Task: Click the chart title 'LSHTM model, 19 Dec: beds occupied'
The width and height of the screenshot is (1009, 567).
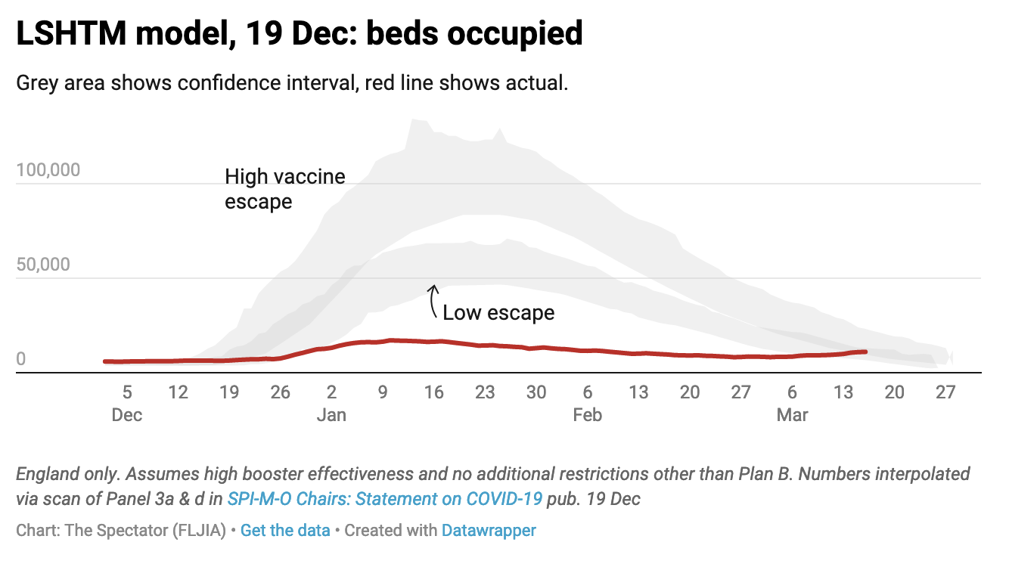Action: pyautogui.click(x=300, y=34)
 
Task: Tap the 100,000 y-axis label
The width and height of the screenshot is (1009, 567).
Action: pyautogui.click(x=48, y=170)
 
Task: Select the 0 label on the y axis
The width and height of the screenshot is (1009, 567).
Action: pyautogui.click(x=21, y=359)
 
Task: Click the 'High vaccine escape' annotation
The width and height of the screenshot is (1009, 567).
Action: pyautogui.click(x=284, y=189)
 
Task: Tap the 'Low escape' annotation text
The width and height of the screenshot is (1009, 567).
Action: pyautogui.click(x=498, y=312)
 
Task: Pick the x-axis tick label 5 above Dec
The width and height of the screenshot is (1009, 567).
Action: pyautogui.click(x=127, y=392)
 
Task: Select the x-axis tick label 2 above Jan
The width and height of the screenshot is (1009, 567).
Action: pyautogui.click(x=331, y=392)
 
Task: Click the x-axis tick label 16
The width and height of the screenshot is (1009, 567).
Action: pyautogui.click(x=433, y=392)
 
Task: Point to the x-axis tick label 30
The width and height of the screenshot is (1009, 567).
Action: pyautogui.click(x=536, y=392)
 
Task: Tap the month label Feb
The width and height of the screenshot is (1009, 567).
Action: pyautogui.click(x=588, y=415)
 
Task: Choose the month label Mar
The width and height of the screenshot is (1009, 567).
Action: pyautogui.click(x=792, y=415)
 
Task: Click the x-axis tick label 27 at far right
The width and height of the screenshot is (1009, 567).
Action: pyautogui.click(x=945, y=392)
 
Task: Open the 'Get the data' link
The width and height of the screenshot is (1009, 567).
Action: pyautogui.click(x=285, y=531)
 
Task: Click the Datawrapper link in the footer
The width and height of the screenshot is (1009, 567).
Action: pyautogui.click(x=489, y=531)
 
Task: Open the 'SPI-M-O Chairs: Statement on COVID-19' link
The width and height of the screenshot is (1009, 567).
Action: pyautogui.click(x=385, y=499)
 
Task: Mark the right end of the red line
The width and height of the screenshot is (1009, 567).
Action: pyautogui.click(x=865, y=352)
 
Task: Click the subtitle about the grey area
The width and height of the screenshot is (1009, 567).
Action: pyautogui.click(x=292, y=83)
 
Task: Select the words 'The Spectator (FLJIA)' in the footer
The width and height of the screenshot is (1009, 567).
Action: pyautogui.click(x=146, y=531)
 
